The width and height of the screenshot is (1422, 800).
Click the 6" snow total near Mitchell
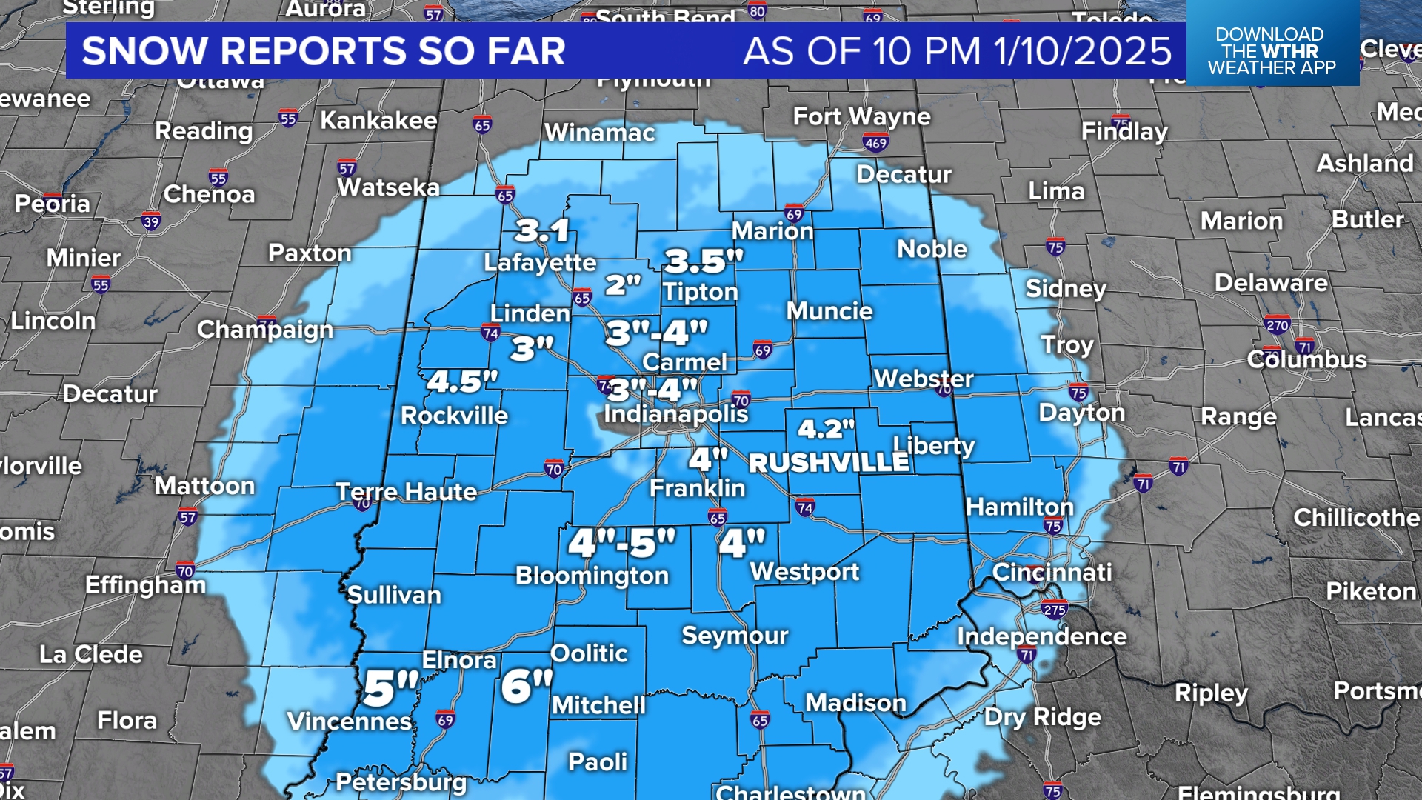click(x=527, y=686)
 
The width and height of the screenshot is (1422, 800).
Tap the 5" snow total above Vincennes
click(x=390, y=689)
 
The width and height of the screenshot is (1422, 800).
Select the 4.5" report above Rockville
click(x=463, y=382)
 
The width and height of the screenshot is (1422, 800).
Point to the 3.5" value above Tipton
click(x=703, y=261)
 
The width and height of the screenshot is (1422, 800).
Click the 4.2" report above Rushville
click(x=826, y=429)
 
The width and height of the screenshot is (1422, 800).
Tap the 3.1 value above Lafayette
click(x=542, y=231)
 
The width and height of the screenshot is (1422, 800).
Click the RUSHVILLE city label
click(x=829, y=463)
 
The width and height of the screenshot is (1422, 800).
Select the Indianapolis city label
click(x=675, y=413)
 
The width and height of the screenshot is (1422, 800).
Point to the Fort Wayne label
click(x=861, y=116)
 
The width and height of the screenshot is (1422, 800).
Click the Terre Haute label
click(x=407, y=492)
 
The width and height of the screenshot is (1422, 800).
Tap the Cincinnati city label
click(x=1052, y=572)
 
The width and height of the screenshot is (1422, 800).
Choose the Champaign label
click(x=265, y=330)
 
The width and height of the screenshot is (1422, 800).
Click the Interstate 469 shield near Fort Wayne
click(x=875, y=144)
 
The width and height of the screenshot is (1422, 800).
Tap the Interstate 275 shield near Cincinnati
click(x=1054, y=610)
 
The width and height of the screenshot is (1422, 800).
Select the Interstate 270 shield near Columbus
click(x=1277, y=324)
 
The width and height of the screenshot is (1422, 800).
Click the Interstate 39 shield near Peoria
click(x=151, y=221)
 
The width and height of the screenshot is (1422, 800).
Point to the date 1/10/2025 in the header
click(x=1082, y=51)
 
